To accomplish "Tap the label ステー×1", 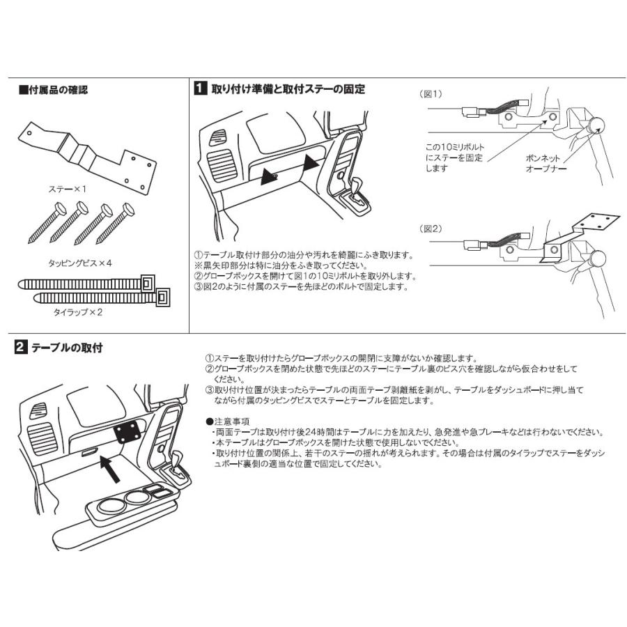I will click(68, 189).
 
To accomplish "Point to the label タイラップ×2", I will click(78, 313).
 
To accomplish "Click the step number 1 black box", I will click(199, 88).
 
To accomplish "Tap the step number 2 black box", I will click(22, 346).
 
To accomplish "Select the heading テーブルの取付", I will click(67, 346).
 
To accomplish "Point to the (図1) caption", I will click(432, 93).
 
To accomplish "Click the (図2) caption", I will click(432, 229).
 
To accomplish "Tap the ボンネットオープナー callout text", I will click(546, 163).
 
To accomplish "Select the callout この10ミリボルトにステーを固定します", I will click(454, 158).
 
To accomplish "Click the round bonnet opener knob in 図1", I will click(596, 126).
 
